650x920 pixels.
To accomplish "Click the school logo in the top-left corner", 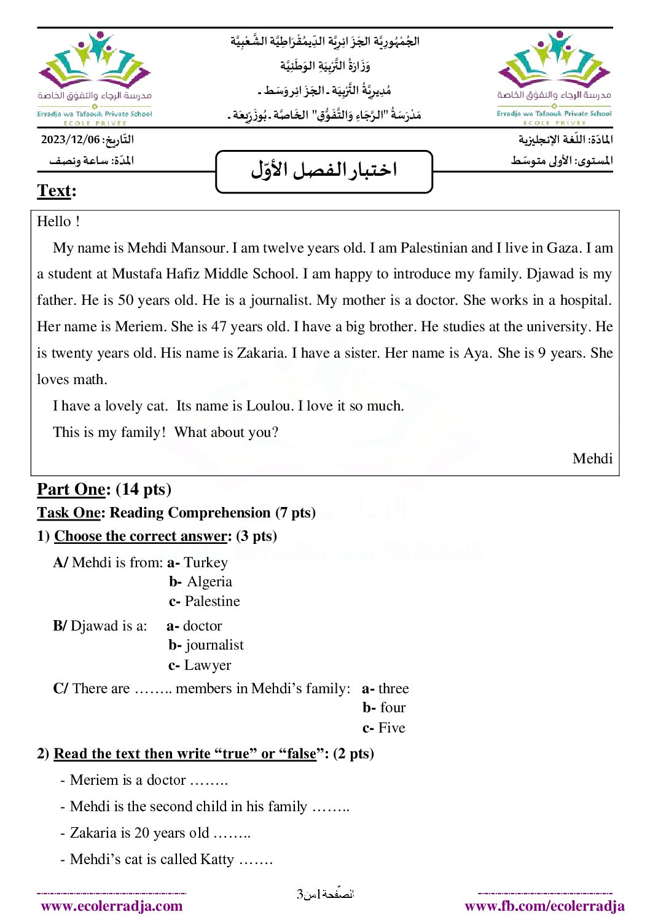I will click(95, 77).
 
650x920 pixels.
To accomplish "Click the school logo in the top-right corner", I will click(554, 77).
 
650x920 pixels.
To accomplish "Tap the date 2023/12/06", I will click(70, 140).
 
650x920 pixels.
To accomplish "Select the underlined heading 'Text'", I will click(54, 191).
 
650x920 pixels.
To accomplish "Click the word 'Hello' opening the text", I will click(54, 221).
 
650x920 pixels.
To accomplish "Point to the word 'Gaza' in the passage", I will click(563, 248).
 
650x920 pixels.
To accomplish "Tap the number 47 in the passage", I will click(219, 327).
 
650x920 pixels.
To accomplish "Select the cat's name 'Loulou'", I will click(270, 406).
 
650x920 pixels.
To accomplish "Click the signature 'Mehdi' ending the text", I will click(592, 459).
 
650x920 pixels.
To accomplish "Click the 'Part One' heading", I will click(71, 489).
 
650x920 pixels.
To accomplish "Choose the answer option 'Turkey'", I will click(206, 563).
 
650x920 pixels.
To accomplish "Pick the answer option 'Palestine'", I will click(213, 602).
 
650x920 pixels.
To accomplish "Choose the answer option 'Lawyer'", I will click(208, 666).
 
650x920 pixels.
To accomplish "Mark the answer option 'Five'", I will click(392, 728).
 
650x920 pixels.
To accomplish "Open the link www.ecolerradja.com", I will click(112, 906).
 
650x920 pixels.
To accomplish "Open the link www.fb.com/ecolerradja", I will click(544, 906).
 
